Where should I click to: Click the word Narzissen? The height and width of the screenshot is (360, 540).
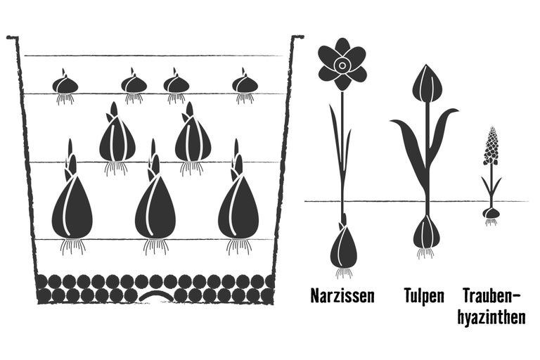click(x=342, y=296)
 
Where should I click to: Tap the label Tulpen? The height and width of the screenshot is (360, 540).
click(x=424, y=296)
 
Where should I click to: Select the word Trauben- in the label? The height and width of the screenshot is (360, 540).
click(x=491, y=296)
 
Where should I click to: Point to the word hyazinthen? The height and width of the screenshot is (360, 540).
click(x=491, y=316)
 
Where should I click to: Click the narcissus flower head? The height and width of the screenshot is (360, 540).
click(x=342, y=65)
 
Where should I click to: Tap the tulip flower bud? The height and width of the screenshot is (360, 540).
click(x=427, y=84)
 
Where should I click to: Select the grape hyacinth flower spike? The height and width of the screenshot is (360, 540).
click(x=491, y=146)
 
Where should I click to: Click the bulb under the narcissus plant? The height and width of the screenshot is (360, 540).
click(x=343, y=247)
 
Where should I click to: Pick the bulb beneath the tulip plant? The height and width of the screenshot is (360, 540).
click(x=426, y=231)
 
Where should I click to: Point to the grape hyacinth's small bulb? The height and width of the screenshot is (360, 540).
click(x=491, y=213)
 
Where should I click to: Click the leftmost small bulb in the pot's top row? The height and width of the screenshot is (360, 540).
click(x=65, y=84)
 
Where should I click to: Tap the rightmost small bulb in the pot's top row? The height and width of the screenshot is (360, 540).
click(x=245, y=84)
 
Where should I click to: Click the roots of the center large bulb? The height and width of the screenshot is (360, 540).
click(x=156, y=247)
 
